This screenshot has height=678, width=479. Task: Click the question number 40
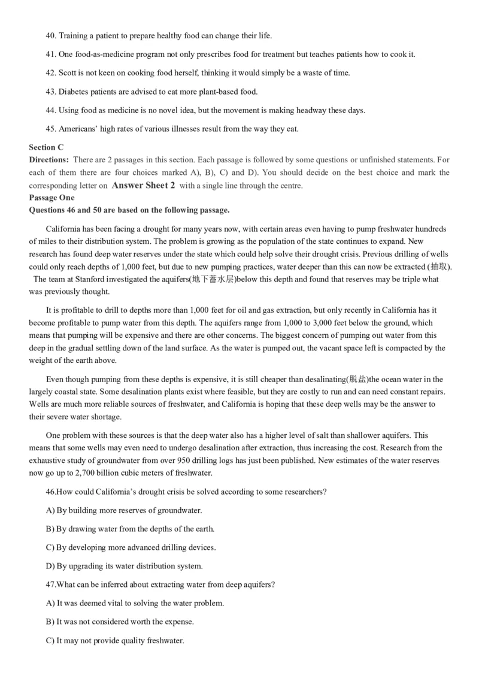tap(50, 36)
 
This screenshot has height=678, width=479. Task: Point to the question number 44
tap(50, 110)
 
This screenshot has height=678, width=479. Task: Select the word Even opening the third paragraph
tap(54, 379)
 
